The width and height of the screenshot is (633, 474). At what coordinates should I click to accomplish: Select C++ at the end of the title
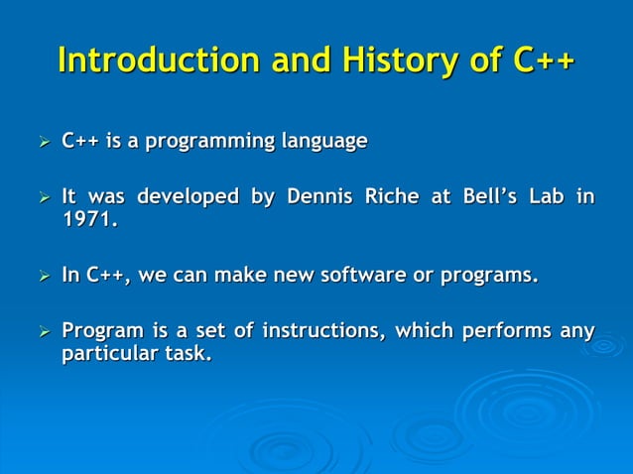[542, 60]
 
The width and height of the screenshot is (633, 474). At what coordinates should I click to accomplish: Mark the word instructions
[319, 330]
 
